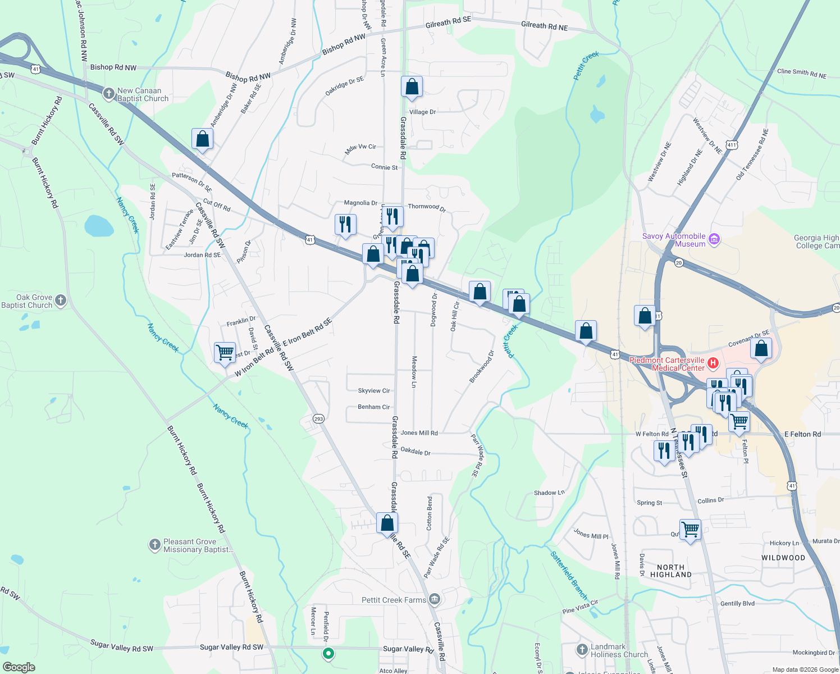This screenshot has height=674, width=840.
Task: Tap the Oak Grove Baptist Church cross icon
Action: pyautogui.click(x=61, y=300)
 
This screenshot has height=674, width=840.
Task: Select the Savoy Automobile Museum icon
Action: pyautogui.click(x=714, y=240)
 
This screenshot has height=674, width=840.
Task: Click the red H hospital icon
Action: pyautogui.click(x=713, y=363)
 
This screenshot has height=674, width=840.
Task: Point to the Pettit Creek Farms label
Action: pyautogui.click(x=394, y=600)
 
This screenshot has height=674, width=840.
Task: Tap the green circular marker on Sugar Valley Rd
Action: pyautogui.click(x=328, y=653)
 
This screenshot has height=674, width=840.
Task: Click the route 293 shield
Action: pyautogui.click(x=318, y=418)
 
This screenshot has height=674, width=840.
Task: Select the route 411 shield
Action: pyautogui.click(x=731, y=145)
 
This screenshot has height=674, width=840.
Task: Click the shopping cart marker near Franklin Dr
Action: pyautogui.click(x=225, y=353)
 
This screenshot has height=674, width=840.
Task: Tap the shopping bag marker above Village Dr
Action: pyautogui.click(x=412, y=87)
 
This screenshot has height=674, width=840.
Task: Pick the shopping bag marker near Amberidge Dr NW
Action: pyautogui.click(x=202, y=139)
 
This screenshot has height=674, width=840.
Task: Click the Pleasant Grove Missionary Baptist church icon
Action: pyautogui.click(x=154, y=544)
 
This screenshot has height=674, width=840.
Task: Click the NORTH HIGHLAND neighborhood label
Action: pyautogui.click(x=670, y=571)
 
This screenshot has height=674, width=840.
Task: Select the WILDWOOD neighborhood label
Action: pyautogui.click(x=783, y=558)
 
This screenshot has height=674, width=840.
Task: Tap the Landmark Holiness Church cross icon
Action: pyautogui.click(x=582, y=650)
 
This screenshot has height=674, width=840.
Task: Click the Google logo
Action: pyautogui.click(x=19, y=667)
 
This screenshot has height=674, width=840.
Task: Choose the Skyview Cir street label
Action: pyautogui.click(x=373, y=390)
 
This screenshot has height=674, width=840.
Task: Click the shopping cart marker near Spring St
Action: pyautogui.click(x=690, y=529)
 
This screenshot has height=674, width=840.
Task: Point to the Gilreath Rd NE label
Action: pyautogui.click(x=544, y=26)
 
